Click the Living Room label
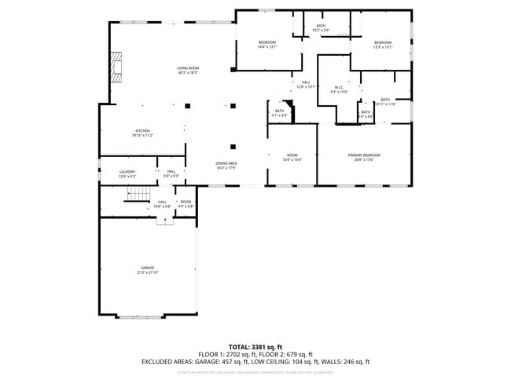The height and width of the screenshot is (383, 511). point(188,71)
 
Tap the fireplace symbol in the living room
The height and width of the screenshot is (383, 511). point(116,67)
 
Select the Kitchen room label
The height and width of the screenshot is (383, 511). point(142,133)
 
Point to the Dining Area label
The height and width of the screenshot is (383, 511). point(226,165)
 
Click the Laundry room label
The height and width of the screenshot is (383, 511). point(127,174)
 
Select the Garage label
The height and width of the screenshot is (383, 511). point(148,271)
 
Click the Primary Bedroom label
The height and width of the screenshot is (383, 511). point(364,157)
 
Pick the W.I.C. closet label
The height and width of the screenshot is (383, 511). point(339,89)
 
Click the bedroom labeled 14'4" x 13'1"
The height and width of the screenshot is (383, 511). point(267,44)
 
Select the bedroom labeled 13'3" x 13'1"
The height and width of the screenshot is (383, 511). point(382,44)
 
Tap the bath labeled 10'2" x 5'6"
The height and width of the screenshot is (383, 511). point(321,28)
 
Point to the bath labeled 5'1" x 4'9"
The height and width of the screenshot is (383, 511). point(279,113)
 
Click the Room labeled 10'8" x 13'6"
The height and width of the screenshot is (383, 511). point(292,157)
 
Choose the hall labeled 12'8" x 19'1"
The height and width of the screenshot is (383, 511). point(305,85)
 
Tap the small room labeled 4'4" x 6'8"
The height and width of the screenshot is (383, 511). point(186,204)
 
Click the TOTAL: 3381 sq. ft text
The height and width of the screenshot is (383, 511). point(256,346)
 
